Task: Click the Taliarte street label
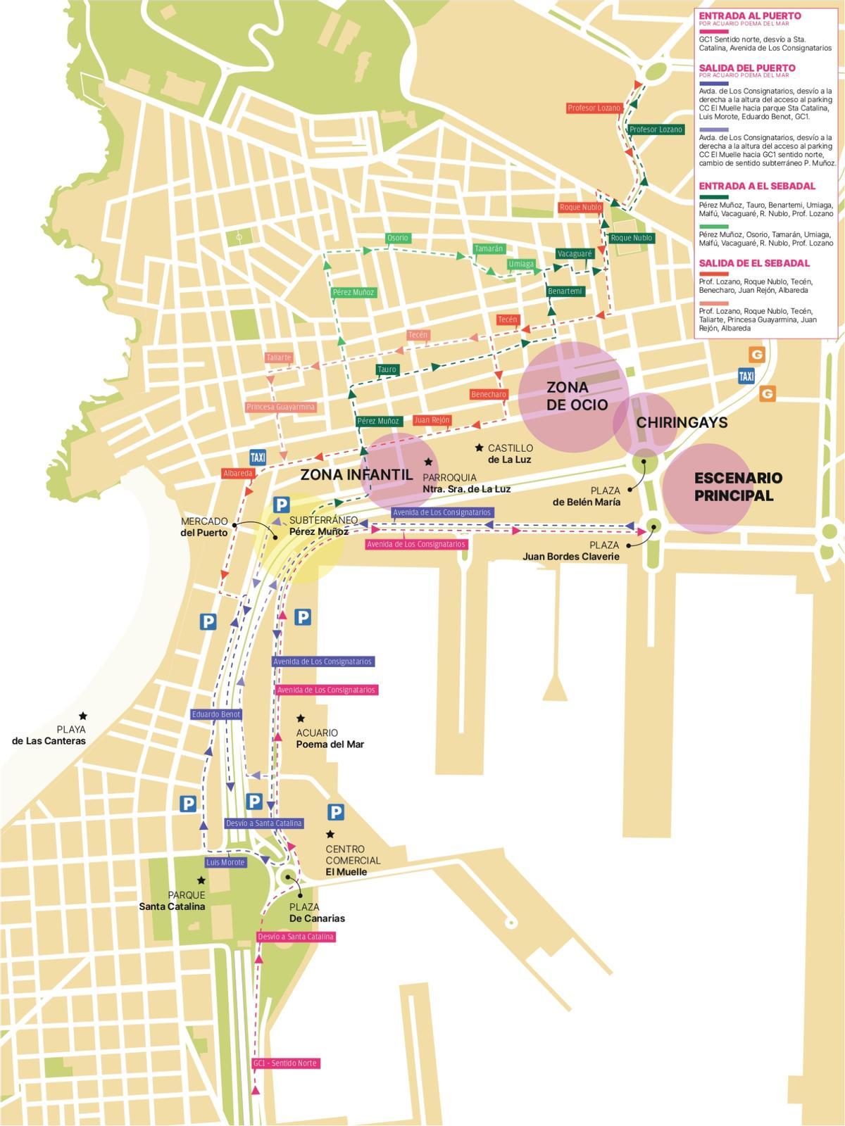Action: (279, 358)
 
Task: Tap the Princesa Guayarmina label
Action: (281, 407)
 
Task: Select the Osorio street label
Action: (397, 238)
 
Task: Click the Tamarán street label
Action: (489, 249)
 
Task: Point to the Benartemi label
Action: (565, 291)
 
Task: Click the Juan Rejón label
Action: (432, 420)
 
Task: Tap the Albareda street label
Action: (237, 474)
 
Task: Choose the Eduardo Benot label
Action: (216, 714)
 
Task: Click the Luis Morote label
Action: (225, 862)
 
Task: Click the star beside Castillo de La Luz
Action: (479, 448)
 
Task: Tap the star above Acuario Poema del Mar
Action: (301, 719)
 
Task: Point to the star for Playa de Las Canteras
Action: (83, 716)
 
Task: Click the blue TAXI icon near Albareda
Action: (258, 457)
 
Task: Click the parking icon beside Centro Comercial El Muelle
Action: (336, 812)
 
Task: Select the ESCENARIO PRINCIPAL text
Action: (737, 486)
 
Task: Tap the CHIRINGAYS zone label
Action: (681, 422)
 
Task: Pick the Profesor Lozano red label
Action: (594, 108)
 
